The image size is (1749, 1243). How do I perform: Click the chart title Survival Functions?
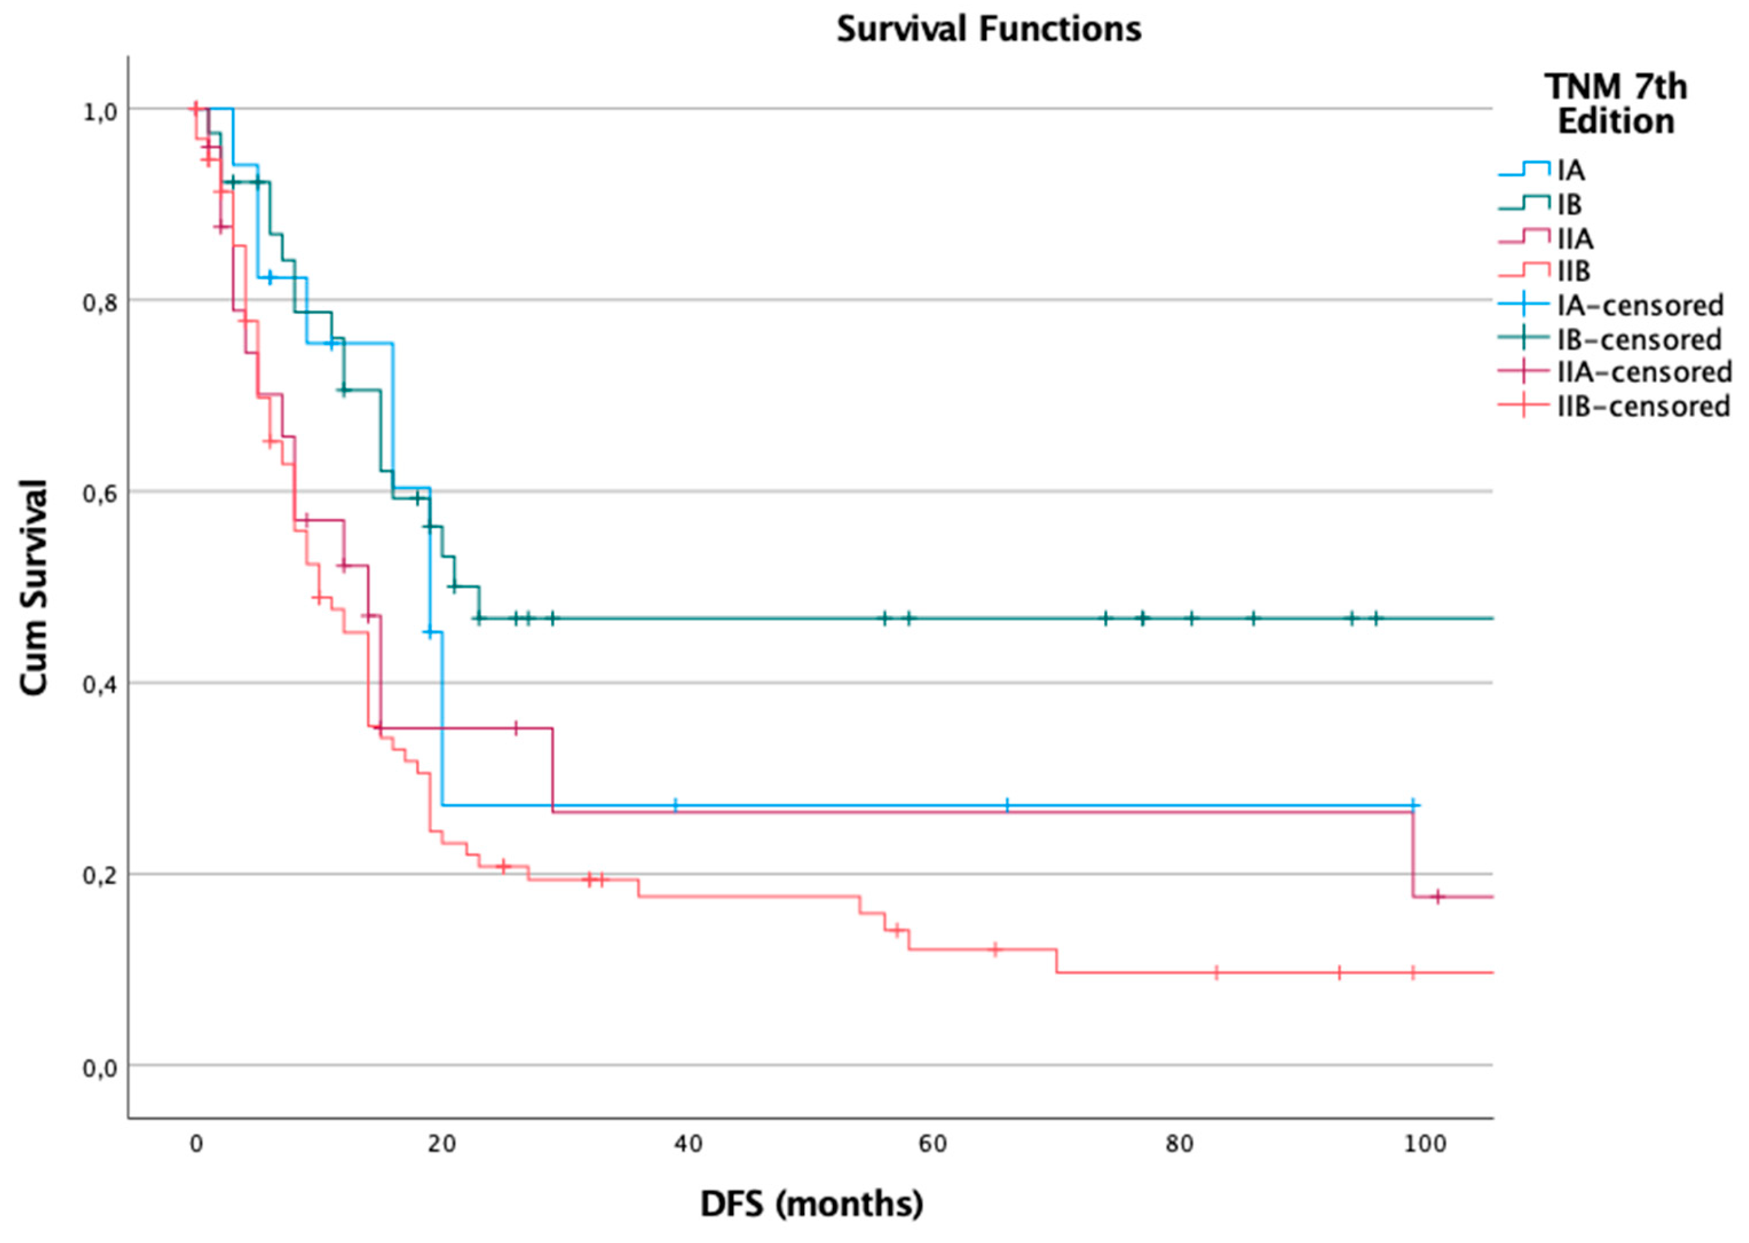coord(989,29)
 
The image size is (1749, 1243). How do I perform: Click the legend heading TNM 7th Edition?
coord(1615,104)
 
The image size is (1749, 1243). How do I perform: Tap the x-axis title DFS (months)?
coord(812,1203)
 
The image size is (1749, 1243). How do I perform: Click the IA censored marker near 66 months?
coord(1007,805)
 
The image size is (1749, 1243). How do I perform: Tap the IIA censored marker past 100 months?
coord(1437,896)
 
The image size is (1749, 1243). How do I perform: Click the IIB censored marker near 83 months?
coord(1215,973)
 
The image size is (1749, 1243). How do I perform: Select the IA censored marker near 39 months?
coord(675,805)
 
